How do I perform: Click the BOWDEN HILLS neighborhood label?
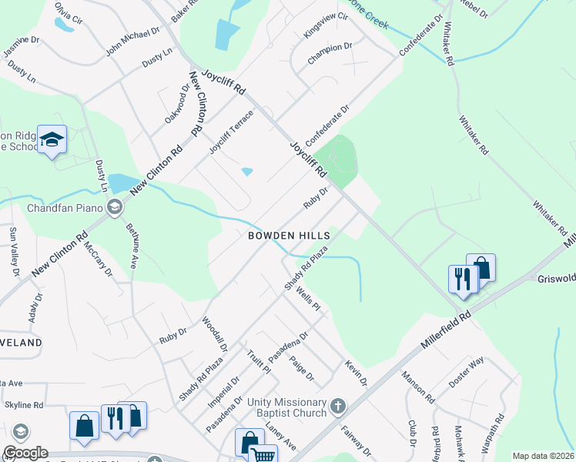pyautogui.click(x=289, y=236)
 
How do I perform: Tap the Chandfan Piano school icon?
pyautogui.click(x=115, y=206)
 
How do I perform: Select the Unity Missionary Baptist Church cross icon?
pyautogui.click(x=336, y=406)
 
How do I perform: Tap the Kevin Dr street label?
pyautogui.click(x=357, y=373)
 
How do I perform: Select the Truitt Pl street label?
pyautogui.click(x=260, y=359)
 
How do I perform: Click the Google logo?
pyautogui.click(x=25, y=453)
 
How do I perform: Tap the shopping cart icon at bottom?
pyautogui.click(x=263, y=455)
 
